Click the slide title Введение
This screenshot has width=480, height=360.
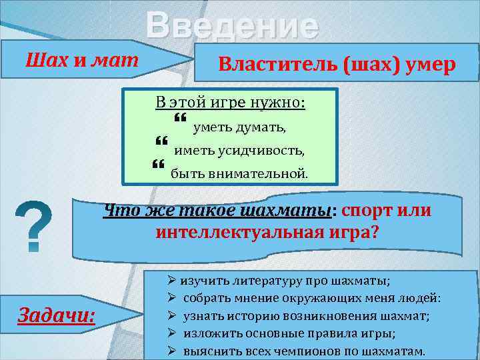pyautogui.click(x=233, y=27)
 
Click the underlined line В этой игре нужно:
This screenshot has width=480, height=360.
pyautogui.click(x=230, y=103)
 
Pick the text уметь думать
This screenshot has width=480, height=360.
pyautogui.click(x=239, y=127)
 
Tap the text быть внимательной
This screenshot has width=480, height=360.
pyautogui.click(x=239, y=174)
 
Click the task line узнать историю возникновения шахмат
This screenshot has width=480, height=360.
pyautogui.click(x=306, y=315)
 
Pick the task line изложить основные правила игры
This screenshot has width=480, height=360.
pyautogui.click(x=289, y=333)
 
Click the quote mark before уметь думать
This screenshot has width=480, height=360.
pyautogui.click(x=180, y=119)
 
